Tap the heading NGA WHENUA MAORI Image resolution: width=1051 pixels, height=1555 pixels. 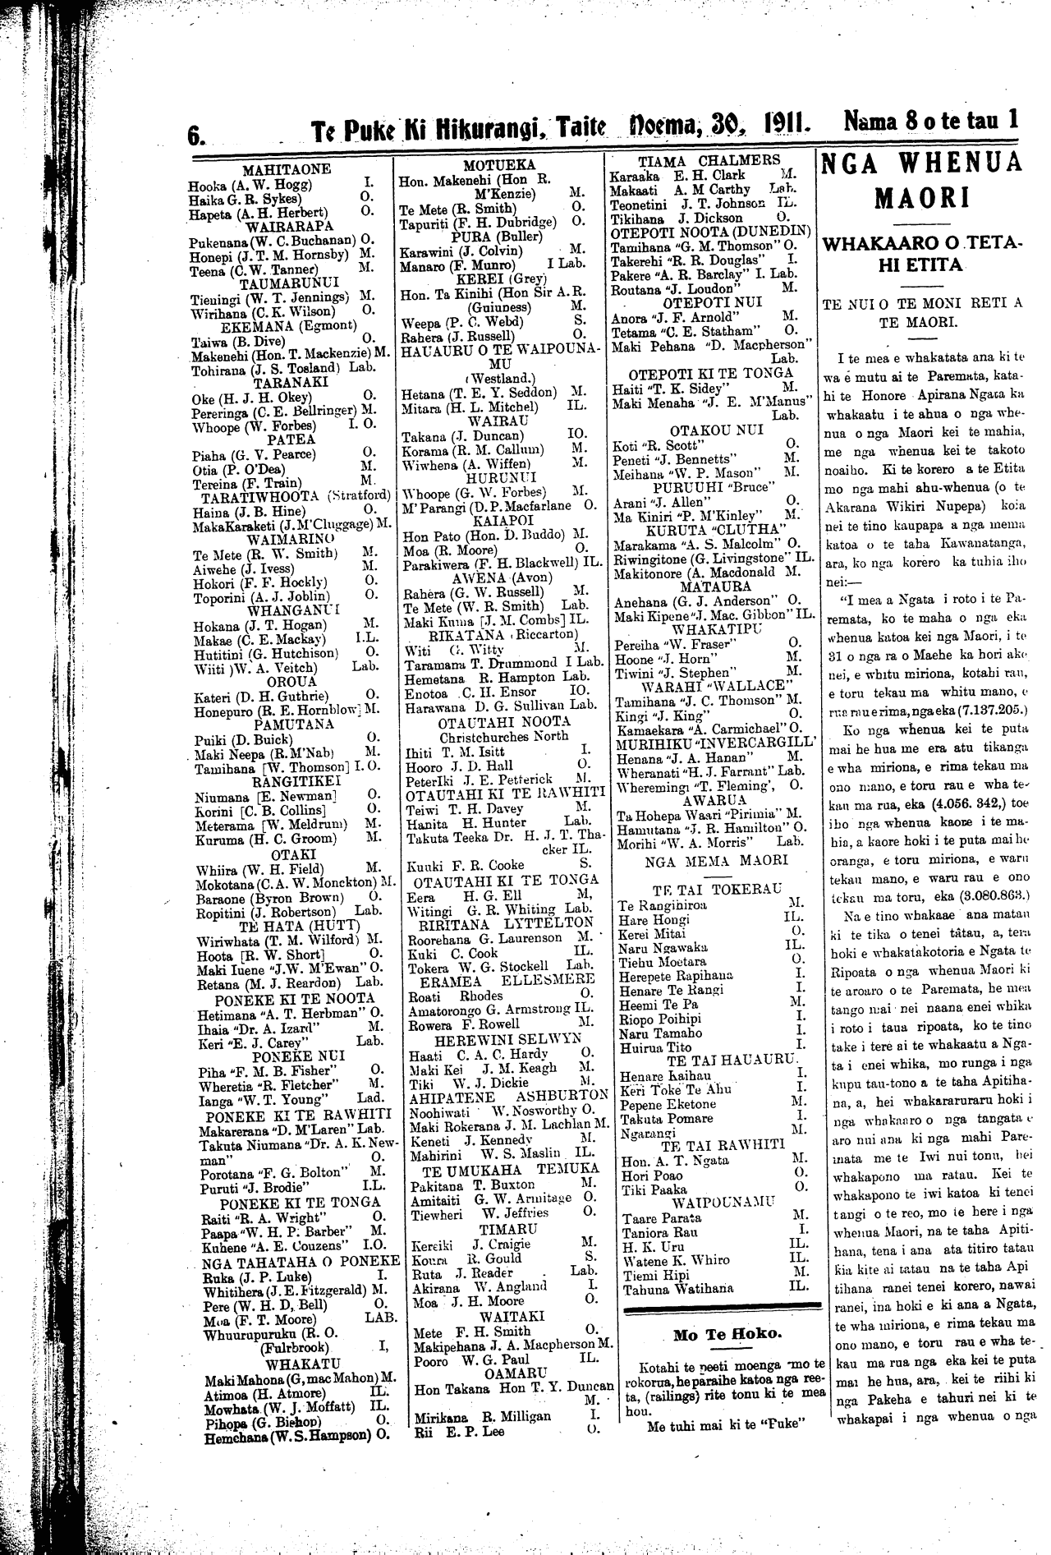tap(924, 179)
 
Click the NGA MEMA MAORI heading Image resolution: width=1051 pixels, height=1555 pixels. tap(714, 860)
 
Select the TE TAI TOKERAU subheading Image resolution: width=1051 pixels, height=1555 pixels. tap(714, 890)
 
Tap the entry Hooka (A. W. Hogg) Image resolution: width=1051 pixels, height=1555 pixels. tap(237, 184)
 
